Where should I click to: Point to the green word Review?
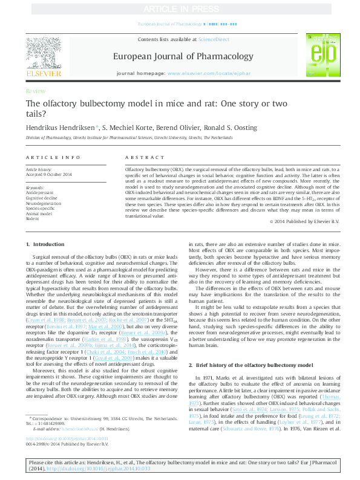(x=35, y=91)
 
